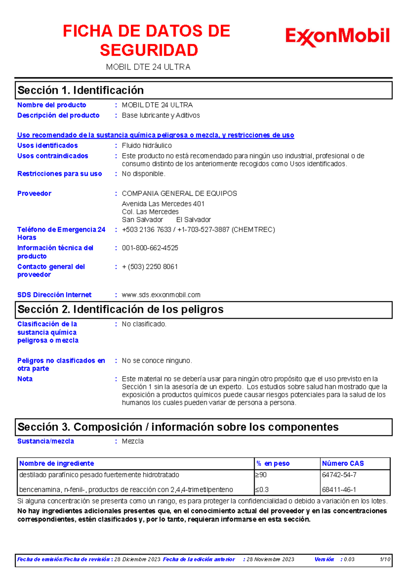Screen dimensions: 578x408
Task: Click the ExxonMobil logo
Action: click(337, 37)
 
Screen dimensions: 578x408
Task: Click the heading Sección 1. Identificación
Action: click(81, 90)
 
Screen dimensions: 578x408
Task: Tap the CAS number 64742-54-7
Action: click(339, 475)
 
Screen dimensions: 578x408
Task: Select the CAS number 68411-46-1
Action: click(339, 489)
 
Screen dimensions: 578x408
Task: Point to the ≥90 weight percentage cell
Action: click(261, 475)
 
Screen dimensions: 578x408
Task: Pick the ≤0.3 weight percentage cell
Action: click(262, 489)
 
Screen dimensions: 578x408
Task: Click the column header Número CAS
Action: click(343, 463)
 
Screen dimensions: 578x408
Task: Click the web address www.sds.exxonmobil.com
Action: click(161, 295)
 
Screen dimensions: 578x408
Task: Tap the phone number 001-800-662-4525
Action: click(150, 248)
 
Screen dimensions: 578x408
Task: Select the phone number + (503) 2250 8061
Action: click(150, 267)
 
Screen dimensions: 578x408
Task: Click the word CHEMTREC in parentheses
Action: click(253, 229)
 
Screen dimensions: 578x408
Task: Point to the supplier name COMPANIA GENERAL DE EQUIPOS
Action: click(179, 193)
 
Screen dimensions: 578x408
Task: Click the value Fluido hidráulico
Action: click(147, 145)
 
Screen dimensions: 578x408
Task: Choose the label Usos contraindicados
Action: click(53, 156)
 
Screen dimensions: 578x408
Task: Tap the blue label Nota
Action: click(25, 379)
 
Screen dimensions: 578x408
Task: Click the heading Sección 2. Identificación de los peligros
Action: click(120, 309)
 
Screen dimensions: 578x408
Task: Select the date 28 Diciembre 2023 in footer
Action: click(137, 559)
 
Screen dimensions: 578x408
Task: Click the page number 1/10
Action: click(385, 559)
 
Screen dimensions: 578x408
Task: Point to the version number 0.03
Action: click(349, 559)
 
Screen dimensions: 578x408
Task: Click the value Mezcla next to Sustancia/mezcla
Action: click(133, 441)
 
